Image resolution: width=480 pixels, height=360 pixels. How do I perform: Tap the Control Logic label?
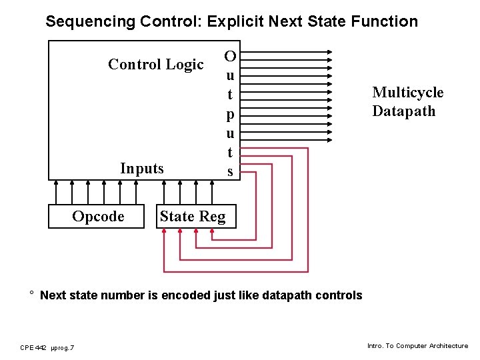coord(155,65)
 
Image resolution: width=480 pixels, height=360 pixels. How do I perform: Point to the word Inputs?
coord(141,169)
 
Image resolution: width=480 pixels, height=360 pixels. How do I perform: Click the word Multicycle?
coord(407,93)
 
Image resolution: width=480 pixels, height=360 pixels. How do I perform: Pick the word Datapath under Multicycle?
coord(403,111)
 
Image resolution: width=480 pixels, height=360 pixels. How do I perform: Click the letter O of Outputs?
coord(230,55)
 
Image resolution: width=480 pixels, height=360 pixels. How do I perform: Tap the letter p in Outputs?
coord(230,115)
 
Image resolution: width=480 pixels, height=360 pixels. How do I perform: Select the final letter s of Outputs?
coord(230,172)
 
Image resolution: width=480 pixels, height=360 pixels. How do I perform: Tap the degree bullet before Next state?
coord(31,293)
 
